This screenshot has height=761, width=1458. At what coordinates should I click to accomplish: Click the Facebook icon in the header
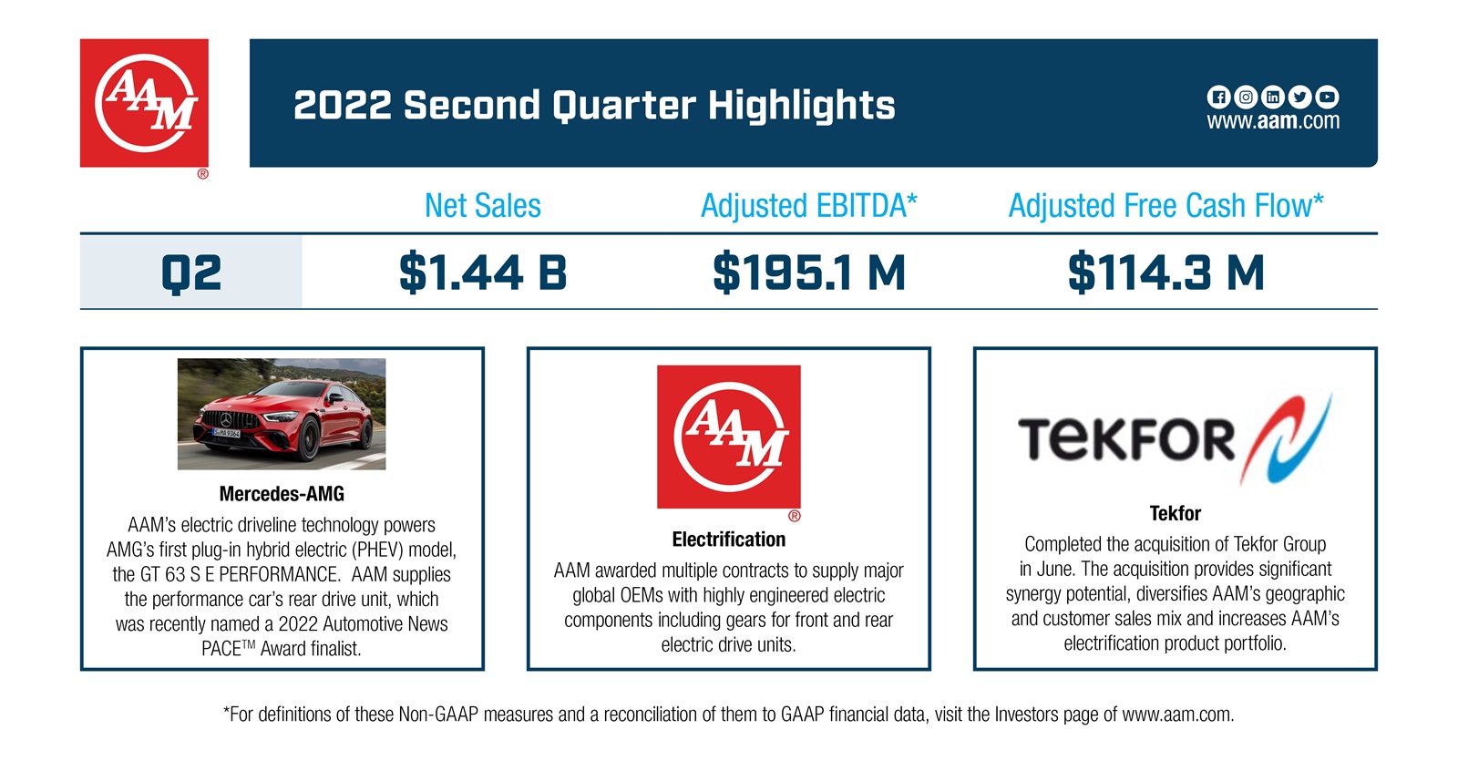pyautogui.click(x=1218, y=97)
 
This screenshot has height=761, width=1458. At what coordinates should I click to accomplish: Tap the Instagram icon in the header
pyautogui.click(x=1246, y=97)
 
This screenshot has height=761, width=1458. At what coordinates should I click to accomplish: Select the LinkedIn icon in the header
pyautogui.click(x=1273, y=97)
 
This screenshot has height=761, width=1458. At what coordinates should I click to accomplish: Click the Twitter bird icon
pyautogui.click(x=1300, y=97)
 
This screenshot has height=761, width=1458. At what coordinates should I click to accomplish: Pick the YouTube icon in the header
pyautogui.click(x=1328, y=97)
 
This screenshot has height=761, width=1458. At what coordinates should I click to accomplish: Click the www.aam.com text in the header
pyautogui.click(x=1273, y=121)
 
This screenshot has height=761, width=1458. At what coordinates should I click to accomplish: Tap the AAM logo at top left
pyautogui.click(x=144, y=103)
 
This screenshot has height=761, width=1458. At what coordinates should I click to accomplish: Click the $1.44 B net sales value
pyautogui.click(x=483, y=273)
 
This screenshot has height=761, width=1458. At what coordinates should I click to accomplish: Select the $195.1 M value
pyautogui.click(x=809, y=273)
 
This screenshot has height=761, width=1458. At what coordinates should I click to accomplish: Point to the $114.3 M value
pyautogui.click(x=1166, y=273)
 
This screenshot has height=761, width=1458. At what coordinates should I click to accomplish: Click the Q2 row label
pyautogui.click(x=191, y=273)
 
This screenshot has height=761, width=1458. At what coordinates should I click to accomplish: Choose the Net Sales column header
pyautogui.click(x=483, y=206)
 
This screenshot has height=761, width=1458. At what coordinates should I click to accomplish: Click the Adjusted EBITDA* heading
pyautogui.click(x=809, y=206)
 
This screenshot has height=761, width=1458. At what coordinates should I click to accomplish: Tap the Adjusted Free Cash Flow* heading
pyautogui.click(x=1166, y=206)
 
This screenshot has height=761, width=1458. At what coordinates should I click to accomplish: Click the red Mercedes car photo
pyautogui.click(x=282, y=414)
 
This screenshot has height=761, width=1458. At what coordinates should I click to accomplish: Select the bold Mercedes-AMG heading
pyautogui.click(x=282, y=494)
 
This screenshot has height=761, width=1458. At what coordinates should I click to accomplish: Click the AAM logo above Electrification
pyautogui.click(x=729, y=437)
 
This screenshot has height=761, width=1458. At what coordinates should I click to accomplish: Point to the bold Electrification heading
pyautogui.click(x=729, y=540)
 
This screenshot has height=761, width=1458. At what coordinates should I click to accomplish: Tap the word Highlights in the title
pyautogui.click(x=802, y=106)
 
